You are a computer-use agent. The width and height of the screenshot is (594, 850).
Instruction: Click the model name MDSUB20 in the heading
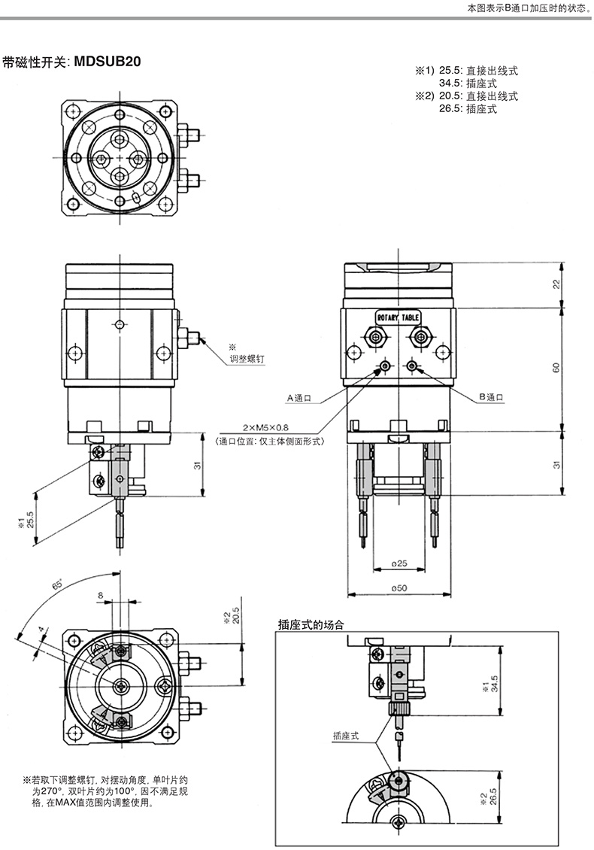(x=108, y=61)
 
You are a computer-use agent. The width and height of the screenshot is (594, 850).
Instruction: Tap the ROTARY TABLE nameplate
(x=398, y=317)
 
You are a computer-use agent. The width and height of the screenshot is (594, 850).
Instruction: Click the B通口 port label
(x=491, y=397)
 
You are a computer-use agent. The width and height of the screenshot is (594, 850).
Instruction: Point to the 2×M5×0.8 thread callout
(x=265, y=428)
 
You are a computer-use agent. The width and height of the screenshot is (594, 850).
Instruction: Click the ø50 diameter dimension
(x=399, y=587)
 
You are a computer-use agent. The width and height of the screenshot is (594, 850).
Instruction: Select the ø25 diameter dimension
(x=399, y=563)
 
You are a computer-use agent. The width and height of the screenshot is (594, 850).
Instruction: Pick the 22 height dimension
(x=556, y=284)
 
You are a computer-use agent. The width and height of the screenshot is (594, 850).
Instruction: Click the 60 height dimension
(x=556, y=368)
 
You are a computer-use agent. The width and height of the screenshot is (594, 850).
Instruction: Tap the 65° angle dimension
(x=57, y=584)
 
